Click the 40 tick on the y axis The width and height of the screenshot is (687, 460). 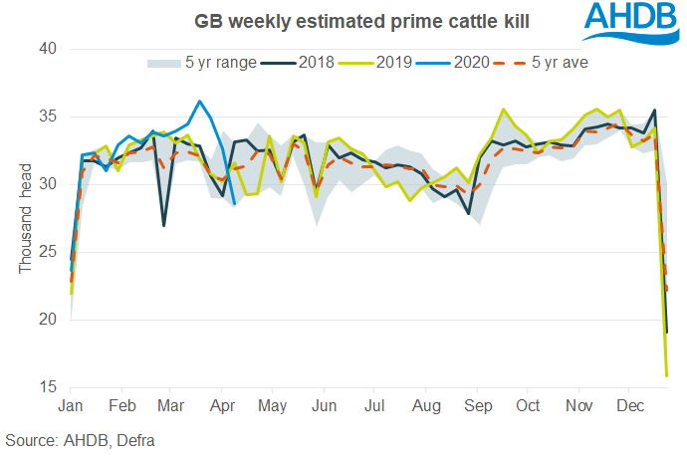pos(48,49)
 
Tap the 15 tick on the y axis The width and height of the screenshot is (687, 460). pos(48,386)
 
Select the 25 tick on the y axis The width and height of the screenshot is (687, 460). pos(48,252)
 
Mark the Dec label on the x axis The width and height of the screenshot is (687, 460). pos(628,406)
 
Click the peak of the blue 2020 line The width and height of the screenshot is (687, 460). pos(200,101)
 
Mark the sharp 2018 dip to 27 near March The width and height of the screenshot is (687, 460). pos(164,225)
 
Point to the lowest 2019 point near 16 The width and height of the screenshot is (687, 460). pos(666,375)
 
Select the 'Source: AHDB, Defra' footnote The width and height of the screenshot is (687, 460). pos(80,439)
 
